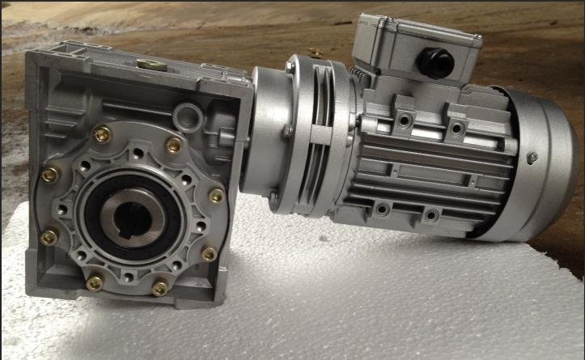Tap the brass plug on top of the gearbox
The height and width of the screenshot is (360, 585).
(x=149, y=64)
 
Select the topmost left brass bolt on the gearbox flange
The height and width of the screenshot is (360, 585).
(x=103, y=135)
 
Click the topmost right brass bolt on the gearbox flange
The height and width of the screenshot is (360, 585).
(x=173, y=145)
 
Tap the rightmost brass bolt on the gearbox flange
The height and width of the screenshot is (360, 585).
(x=216, y=196)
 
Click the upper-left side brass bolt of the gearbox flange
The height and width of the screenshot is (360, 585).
(x=50, y=175)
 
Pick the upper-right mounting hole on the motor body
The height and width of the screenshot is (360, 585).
(x=456, y=128)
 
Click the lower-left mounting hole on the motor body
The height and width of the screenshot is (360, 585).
(x=380, y=210)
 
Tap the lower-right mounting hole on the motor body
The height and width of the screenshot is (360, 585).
(x=432, y=216)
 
